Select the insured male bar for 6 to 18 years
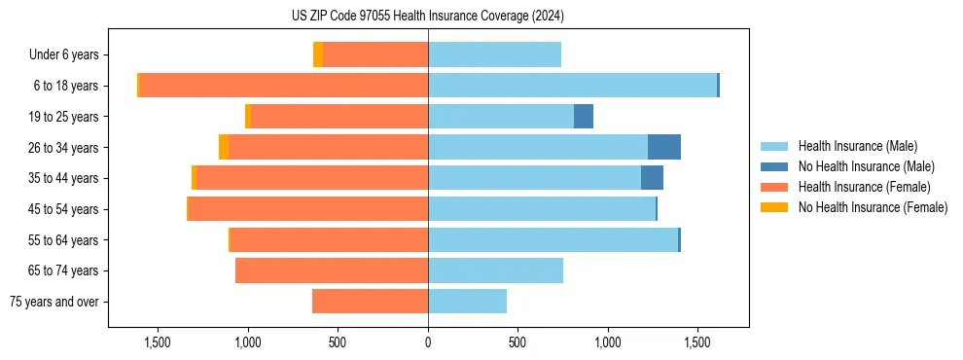(572, 86)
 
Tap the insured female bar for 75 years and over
(370, 302)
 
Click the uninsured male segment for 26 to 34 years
(664, 147)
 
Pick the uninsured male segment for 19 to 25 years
(584, 117)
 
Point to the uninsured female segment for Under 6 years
(318, 54)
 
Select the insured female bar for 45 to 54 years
(308, 209)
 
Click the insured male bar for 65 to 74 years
(495, 270)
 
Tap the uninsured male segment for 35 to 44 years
(652, 178)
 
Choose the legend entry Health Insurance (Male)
(857, 146)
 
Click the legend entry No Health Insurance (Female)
(873, 207)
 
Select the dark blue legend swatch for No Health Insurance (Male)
(774, 166)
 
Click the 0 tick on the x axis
(428, 342)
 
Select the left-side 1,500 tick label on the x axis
(158, 342)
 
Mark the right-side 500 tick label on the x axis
(517, 342)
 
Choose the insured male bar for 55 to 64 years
(553, 240)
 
